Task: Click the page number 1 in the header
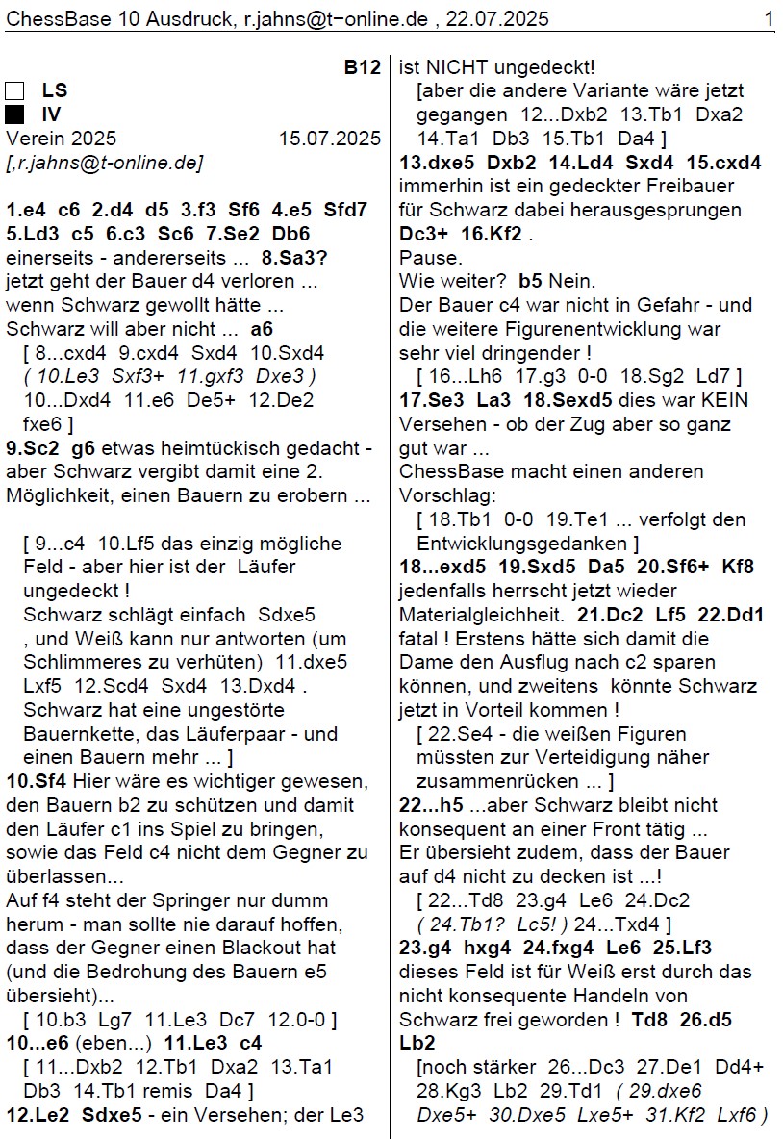pos(769,18)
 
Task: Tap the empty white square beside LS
pos(14,91)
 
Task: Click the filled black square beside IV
pos(14,115)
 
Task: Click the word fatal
pos(420,638)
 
